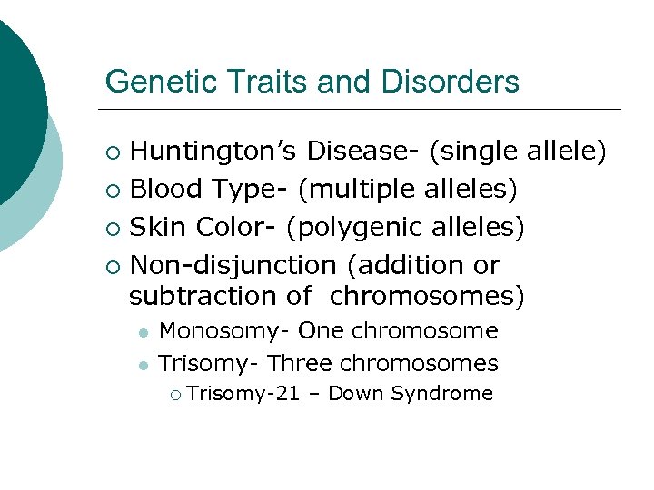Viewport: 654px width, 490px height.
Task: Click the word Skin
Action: coord(158,227)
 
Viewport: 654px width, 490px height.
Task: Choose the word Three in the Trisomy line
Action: coord(304,364)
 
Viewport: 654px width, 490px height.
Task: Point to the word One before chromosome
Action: coord(321,332)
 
